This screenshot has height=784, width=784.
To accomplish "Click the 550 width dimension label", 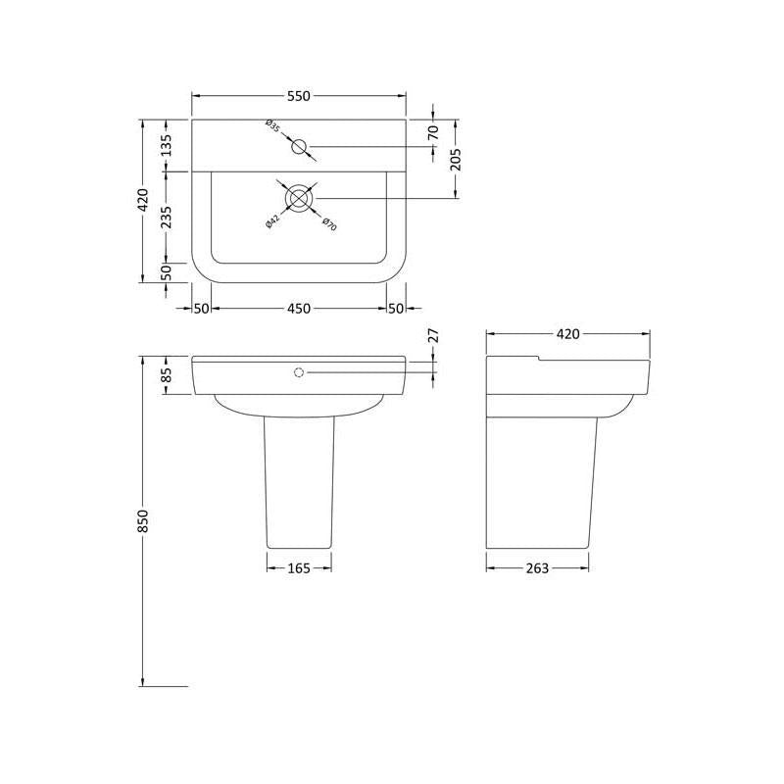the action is [299, 95].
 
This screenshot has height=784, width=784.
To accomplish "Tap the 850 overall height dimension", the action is [142, 520].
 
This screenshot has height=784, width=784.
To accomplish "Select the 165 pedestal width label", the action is [299, 568].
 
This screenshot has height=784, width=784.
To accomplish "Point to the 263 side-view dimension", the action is [537, 568].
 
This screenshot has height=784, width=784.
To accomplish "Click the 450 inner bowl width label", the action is [299, 309].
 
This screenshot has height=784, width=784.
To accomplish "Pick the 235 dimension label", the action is [166, 218].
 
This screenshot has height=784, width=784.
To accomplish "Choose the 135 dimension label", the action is [166, 145].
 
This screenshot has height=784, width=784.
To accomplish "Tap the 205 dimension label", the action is [456, 160].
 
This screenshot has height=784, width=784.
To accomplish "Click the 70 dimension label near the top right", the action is [433, 132].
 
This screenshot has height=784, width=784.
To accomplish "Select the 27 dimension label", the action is [433, 335].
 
